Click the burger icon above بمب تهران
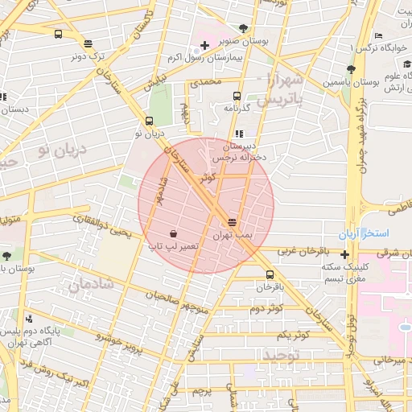233,221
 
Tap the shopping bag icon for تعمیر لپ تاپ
174,233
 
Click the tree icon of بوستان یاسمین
350,70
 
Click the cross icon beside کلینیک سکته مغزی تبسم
345,255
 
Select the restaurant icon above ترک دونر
87,44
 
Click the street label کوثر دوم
266,308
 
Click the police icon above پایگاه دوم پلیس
29,319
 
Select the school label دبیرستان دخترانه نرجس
241,152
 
